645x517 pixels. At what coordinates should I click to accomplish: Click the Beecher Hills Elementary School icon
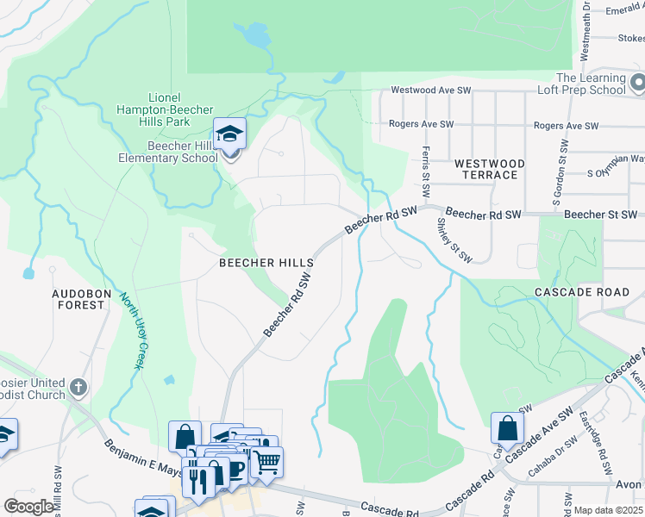229,135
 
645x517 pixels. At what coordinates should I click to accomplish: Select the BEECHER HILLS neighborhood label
259,262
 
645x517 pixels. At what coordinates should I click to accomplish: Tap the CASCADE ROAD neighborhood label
581,292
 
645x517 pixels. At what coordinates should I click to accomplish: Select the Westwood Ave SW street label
431,90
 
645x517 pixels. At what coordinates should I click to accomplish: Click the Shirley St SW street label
454,240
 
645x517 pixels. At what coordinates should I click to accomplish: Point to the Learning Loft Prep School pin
637,84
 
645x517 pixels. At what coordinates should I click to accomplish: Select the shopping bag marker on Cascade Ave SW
507,428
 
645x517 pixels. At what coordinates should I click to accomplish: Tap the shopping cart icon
266,463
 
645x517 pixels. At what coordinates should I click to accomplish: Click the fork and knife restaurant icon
197,478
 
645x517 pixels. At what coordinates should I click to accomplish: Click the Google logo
28,507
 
